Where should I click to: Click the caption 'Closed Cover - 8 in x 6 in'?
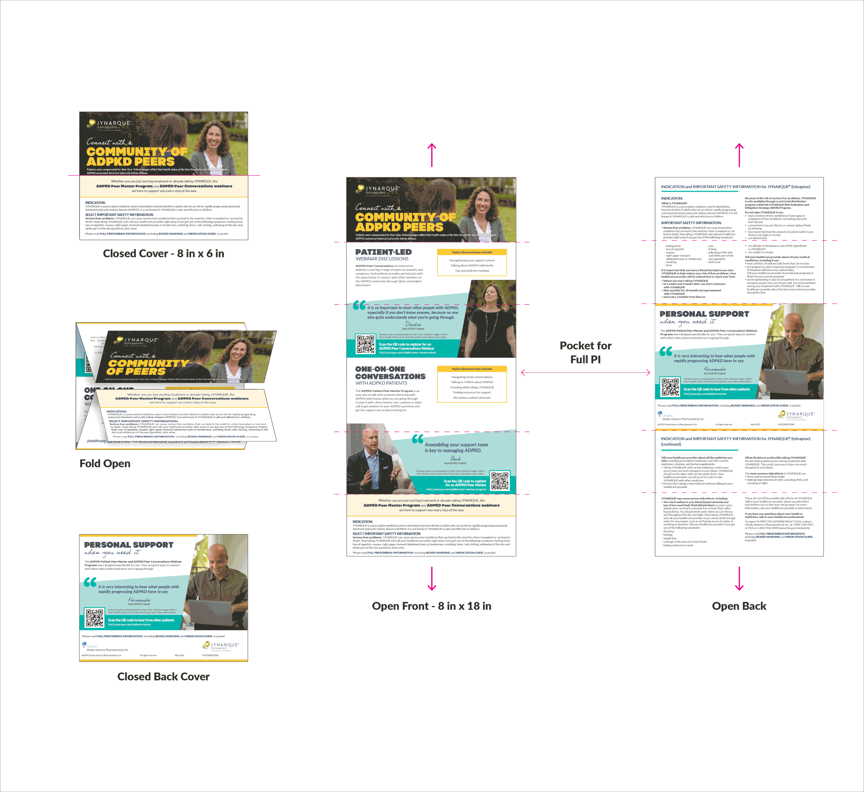coord(163,254)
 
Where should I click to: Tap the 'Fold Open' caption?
coord(105,463)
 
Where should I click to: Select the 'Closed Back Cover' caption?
coord(163,676)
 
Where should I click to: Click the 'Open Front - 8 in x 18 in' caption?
coord(432,606)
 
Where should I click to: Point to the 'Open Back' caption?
coord(739,606)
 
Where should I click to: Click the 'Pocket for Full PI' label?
coord(585,352)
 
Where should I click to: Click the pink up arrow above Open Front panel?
coord(432,155)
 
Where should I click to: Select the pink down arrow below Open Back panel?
coord(739,578)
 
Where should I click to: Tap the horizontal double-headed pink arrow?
coord(585,373)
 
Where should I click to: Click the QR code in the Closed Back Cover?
coord(94,617)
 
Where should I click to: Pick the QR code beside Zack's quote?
coord(500,481)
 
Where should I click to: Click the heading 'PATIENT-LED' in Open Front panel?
coord(383,252)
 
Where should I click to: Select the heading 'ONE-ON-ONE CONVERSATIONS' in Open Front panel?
coord(390,373)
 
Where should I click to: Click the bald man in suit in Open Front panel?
coord(371,459)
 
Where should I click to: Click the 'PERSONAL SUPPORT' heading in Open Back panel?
coord(704,314)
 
